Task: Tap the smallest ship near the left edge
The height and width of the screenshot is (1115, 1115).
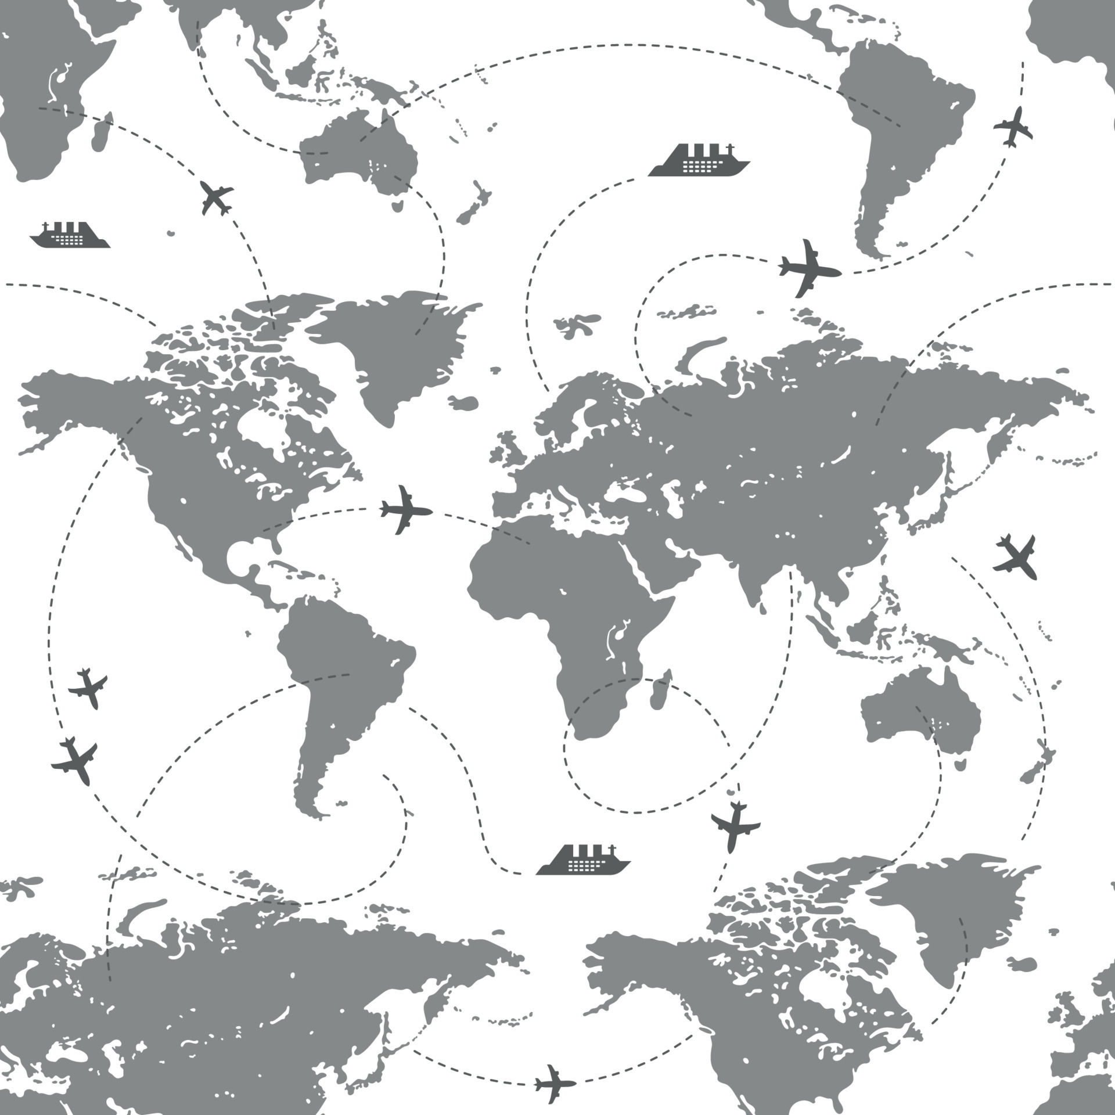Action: pos(70,236)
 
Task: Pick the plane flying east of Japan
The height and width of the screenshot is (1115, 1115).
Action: pos(1016,556)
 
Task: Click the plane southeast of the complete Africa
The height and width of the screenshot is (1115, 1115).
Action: pos(735,825)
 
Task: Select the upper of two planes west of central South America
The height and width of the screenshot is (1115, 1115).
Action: pos(88,688)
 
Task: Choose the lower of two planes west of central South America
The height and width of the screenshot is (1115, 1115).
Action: pos(74,760)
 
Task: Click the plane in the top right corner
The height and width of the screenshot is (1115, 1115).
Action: pos(1013,126)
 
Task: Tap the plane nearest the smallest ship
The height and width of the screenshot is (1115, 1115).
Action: pos(215,197)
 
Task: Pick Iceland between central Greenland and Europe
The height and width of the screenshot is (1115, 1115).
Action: pos(463,402)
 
